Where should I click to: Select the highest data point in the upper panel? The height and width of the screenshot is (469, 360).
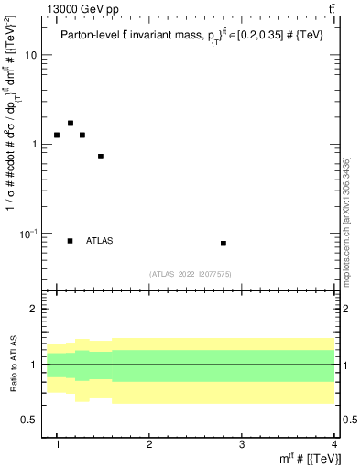tap(71, 123)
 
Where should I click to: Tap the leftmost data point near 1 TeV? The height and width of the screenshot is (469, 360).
tap(57, 135)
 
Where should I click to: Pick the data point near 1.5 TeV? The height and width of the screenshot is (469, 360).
tap(101, 157)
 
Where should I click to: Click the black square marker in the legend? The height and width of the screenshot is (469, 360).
tap(71, 241)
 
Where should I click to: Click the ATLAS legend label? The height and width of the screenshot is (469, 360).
tap(99, 241)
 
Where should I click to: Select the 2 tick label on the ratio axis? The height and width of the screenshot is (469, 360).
tap(35, 310)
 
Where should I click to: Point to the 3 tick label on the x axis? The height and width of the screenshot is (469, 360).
tap(242, 445)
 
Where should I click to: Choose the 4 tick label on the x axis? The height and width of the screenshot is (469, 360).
tap(333, 445)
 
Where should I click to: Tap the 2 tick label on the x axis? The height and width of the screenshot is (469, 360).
tap(150, 445)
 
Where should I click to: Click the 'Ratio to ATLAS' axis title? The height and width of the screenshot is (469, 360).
tap(13, 364)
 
